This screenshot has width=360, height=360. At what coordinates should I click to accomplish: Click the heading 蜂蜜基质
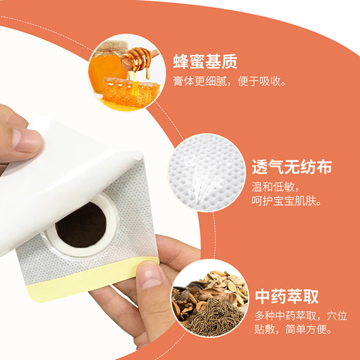[205, 61]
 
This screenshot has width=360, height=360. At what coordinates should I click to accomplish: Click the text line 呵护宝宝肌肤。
[286, 202]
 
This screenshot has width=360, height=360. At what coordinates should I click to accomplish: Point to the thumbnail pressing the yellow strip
[150, 276]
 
